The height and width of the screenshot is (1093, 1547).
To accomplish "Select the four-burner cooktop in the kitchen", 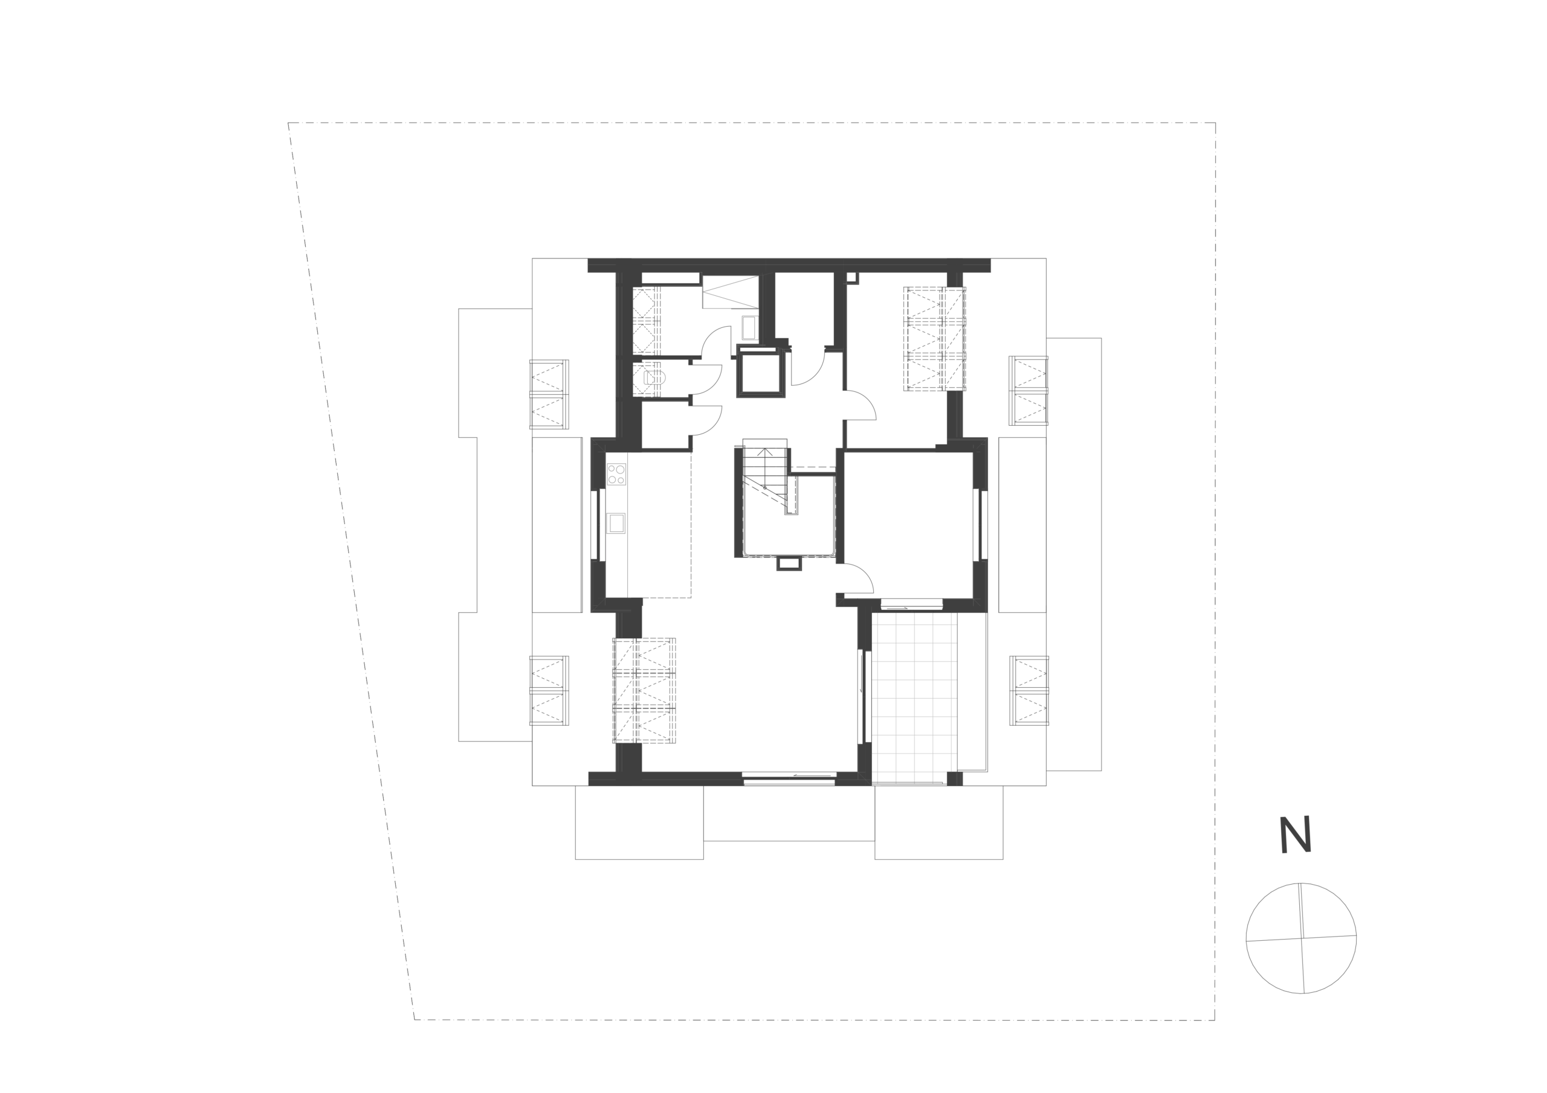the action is click(616, 474).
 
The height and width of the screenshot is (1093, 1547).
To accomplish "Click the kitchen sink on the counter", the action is click(616, 524).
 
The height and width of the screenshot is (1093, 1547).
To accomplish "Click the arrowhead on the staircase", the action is click(765, 452).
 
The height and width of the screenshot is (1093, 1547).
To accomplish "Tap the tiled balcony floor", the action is click(914, 697).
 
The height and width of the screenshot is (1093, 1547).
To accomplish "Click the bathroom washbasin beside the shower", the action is click(749, 328).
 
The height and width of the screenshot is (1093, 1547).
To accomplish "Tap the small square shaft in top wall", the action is click(851, 277).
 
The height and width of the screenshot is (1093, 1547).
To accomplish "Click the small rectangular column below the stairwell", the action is click(789, 563).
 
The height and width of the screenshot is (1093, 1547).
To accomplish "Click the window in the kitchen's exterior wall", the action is click(594, 525).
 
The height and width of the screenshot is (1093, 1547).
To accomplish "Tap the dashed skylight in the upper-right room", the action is click(934, 338).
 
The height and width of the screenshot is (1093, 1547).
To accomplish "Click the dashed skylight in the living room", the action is click(644, 690).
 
